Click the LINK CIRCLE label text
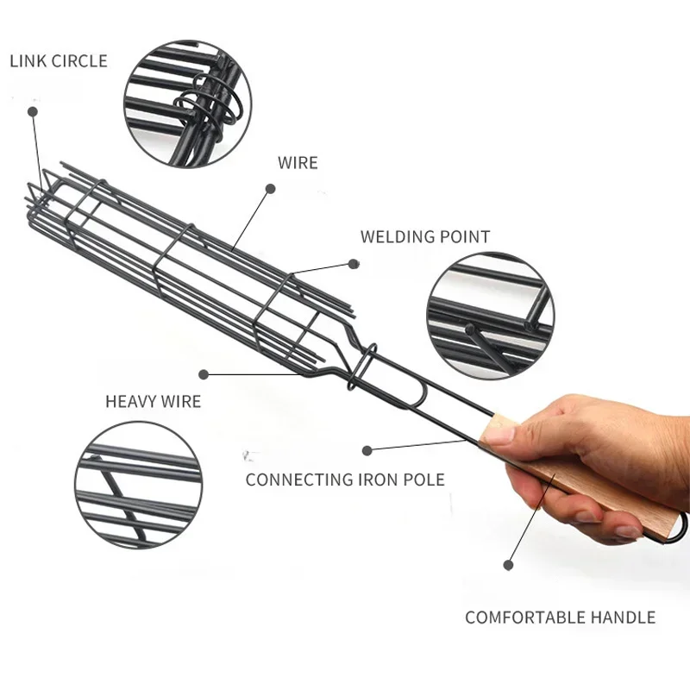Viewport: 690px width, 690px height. [x=59, y=61]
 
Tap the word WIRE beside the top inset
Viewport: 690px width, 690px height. [x=298, y=162]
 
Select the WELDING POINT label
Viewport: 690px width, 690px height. [x=424, y=236]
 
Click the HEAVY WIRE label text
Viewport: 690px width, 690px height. [x=153, y=401]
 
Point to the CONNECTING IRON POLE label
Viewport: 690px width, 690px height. [x=345, y=480]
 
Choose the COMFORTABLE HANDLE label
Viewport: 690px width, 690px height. [x=560, y=617]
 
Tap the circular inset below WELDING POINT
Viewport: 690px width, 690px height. [x=490, y=315]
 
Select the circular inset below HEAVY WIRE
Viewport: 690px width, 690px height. [x=138, y=485]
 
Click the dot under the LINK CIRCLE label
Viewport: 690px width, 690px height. [x=34, y=111]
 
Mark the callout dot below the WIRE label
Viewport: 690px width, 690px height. [x=270, y=188]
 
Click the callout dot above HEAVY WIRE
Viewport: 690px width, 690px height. [x=204, y=374]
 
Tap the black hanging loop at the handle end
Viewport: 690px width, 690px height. [x=681, y=526]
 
